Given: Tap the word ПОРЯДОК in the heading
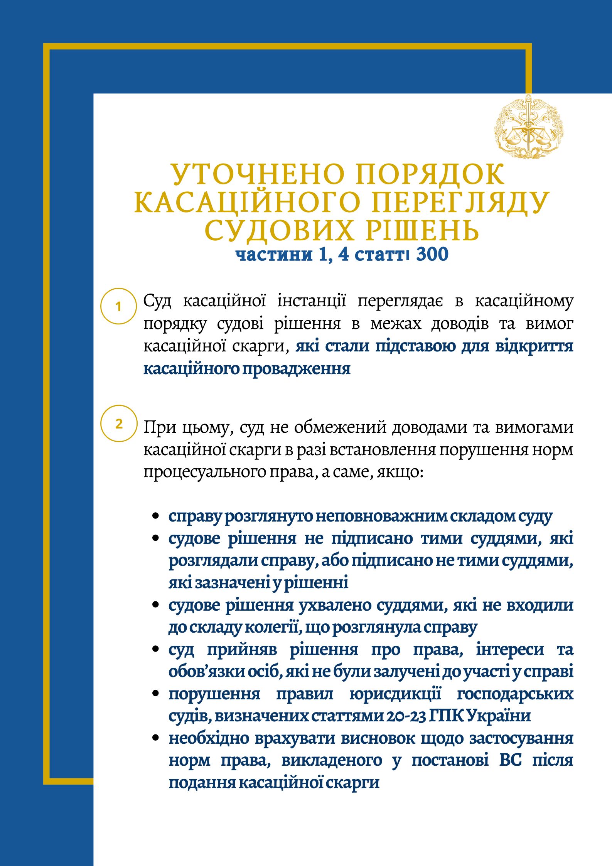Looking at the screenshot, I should [x=430, y=174].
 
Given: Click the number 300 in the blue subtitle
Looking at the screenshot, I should [x=432, y=254].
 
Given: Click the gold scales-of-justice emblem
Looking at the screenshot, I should [x=529, y=127].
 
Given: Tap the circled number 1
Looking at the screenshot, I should [x=118, y=306].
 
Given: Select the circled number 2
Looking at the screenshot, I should [x=119, y=424].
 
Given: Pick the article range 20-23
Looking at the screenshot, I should [x=406, y=716].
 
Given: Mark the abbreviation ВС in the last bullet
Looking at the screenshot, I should [x=510, y=760].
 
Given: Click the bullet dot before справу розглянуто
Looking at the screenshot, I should [x=156, y=516].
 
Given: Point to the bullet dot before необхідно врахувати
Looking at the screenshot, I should [x=156, y=738].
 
